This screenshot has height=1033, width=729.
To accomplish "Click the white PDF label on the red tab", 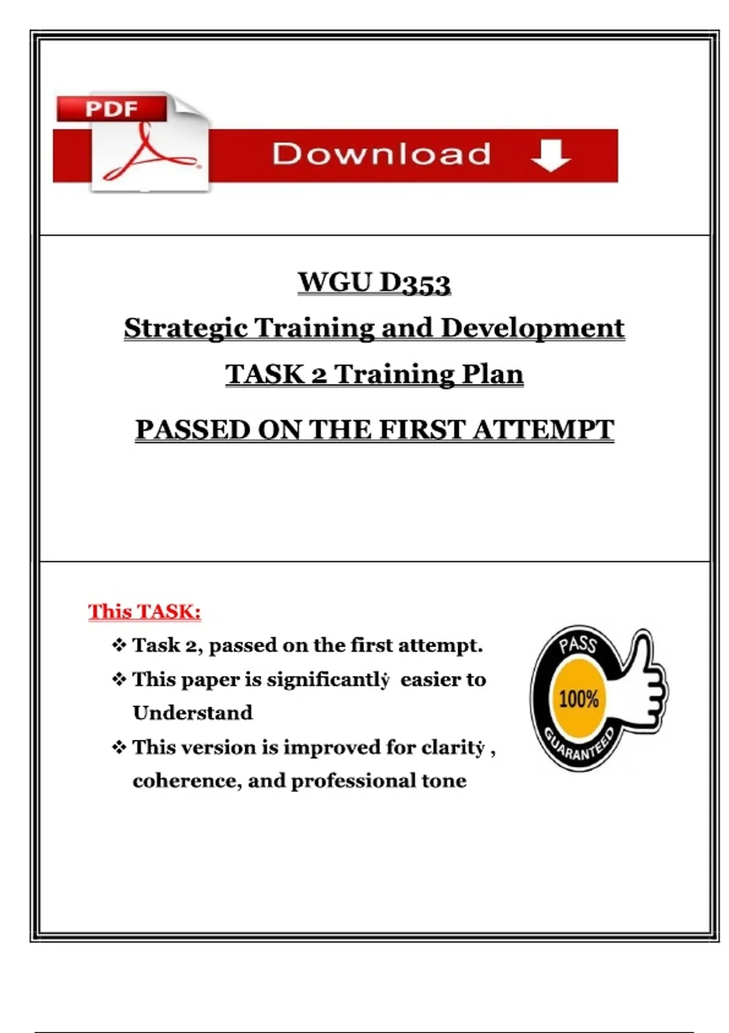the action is coord(111,109).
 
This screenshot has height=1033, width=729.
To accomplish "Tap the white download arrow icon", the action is coord(550,155).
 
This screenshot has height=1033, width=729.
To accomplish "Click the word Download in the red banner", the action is coord(381,153).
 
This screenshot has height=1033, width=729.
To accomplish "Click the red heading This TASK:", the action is coord(145,611).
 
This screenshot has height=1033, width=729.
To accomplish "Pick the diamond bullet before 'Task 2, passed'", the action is coord(119,645).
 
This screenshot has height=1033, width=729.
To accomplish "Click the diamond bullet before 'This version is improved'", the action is coord(119,747).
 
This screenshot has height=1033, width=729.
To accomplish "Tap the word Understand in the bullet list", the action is coord(193,713).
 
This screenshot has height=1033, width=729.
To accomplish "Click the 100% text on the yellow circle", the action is coord(579,699).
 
